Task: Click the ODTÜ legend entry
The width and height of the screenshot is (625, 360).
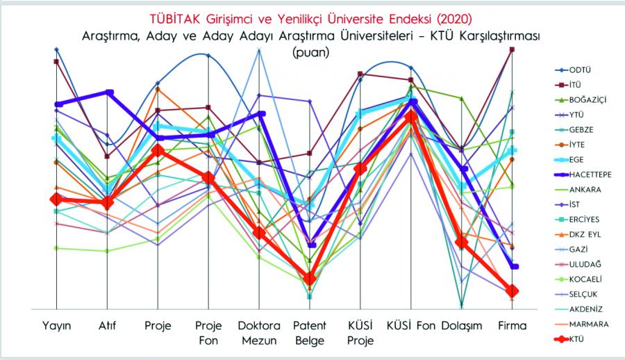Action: point(581,70)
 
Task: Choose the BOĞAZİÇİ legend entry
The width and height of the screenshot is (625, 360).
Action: point(587,100)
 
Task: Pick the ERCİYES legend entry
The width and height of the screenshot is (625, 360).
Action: point(585,220)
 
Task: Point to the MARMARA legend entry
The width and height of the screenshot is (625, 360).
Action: point(589,324)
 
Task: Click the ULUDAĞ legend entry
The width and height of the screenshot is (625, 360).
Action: point(585,264)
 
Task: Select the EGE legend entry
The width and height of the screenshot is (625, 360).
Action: point(577,160)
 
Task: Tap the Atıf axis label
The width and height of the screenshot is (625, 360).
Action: point(107,326)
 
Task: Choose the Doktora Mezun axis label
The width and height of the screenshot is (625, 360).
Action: point(258,333)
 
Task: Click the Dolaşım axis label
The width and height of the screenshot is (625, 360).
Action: point(462,326)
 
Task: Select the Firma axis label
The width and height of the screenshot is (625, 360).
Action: point(512,326)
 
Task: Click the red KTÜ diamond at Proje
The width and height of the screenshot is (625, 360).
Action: point(158,150)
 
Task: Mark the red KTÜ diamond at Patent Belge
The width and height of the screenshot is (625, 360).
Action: point(310,279)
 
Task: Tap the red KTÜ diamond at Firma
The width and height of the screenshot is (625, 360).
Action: point(512,291)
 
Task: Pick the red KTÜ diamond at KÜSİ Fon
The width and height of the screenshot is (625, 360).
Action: point(412,116)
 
